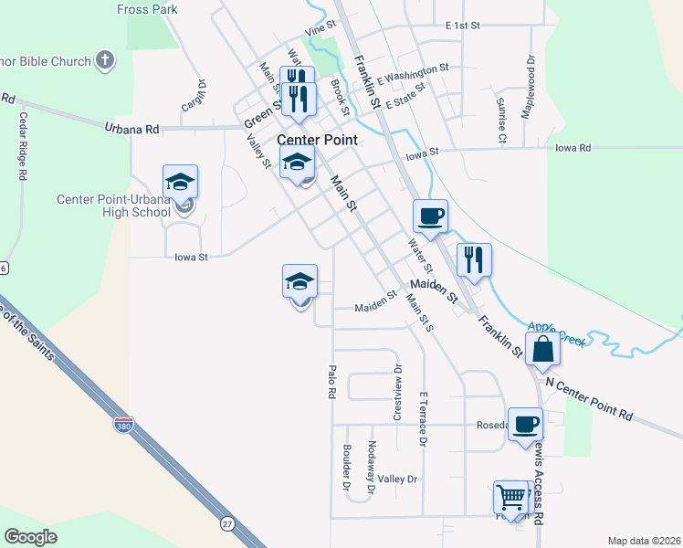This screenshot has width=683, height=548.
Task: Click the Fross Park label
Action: [146, 10]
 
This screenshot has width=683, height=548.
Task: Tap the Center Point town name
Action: [317, 141]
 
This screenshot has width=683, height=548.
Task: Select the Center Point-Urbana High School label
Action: [113, 206]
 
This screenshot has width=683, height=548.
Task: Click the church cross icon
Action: [105, 61]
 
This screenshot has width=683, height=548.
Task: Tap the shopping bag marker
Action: [543, 349]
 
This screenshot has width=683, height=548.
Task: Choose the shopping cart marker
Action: [511, 498]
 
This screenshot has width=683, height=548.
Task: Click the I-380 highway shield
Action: [122, 426]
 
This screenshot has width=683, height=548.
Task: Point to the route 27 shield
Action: [226, 523]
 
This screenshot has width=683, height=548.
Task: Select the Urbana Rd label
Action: [131, 129]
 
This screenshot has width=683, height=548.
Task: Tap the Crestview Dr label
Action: [397, 393]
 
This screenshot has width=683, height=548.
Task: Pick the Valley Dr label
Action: [397, 479]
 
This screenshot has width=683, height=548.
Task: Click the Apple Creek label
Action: [555, 332]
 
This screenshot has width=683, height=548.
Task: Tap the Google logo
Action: [31, 537]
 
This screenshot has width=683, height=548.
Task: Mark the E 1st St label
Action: [462, 26]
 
